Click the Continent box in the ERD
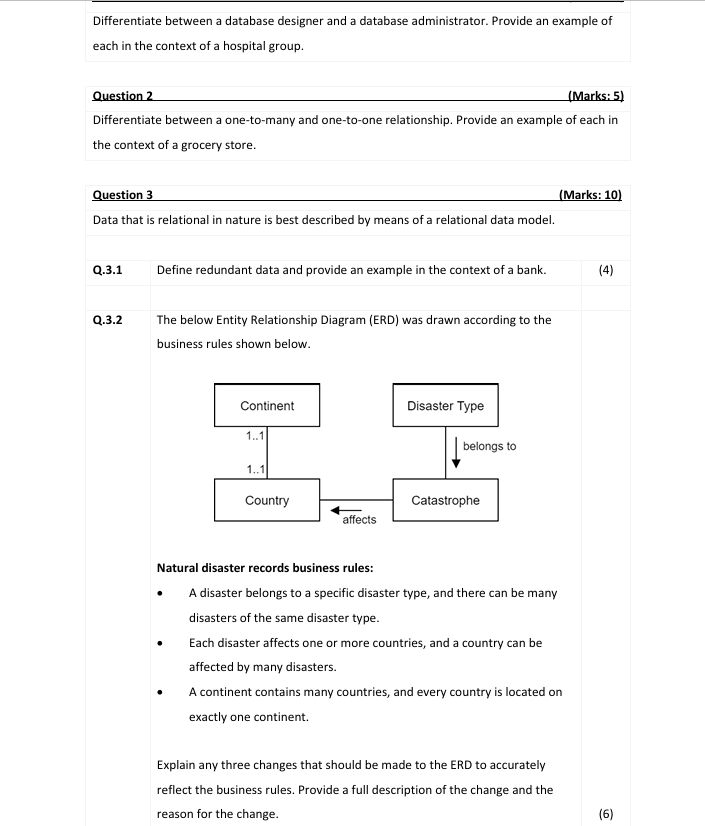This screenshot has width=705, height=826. click(x=267, y=405)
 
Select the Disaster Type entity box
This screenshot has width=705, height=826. click(x=445, y=405)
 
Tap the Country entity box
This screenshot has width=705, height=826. click(x=267, y=500)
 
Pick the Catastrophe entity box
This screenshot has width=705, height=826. click(x=445, y=500)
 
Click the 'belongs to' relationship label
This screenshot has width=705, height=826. click(x=490, y=446)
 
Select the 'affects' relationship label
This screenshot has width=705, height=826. click(x=359, y=520)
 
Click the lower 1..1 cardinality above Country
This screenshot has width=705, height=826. click(x=255, y=470)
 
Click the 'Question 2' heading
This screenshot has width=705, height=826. click(x=122, y=96)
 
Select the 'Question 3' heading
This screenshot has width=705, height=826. click(x=122, y=194)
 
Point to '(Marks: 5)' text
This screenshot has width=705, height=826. click(x=595, y=96)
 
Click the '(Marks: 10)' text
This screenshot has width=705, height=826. click(x=591, y=194)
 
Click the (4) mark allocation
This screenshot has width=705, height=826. click(x=605, y=269)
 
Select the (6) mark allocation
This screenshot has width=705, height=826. click(x=605, y=813)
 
